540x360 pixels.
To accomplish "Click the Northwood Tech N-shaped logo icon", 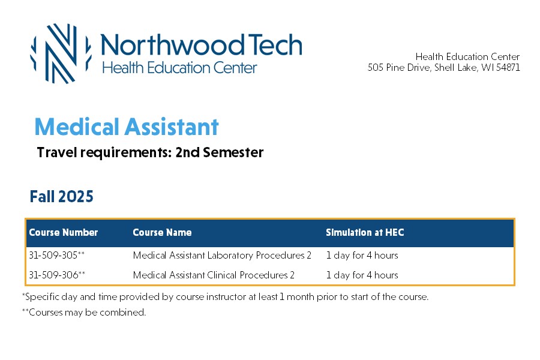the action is (61, 53).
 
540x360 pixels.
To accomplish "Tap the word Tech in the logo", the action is (275, 45).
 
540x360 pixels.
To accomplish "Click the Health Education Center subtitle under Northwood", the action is (179, 68).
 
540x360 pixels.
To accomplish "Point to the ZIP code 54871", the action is (508, 67).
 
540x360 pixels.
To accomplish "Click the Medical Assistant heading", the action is (127, 127).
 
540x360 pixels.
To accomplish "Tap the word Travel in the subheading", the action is (56, 152).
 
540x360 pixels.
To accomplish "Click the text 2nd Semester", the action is (220, 152).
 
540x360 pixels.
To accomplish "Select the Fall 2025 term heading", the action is (61, 196).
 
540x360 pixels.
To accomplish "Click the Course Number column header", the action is (64, 233).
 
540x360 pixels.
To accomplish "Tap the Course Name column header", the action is (162, 233).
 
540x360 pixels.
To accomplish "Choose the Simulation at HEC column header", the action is (365, 233).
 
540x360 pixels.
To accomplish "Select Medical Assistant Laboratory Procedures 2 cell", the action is (222, 255).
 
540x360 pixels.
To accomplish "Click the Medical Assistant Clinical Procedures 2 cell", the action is (214, 275).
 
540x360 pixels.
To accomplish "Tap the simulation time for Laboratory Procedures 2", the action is (362, 255).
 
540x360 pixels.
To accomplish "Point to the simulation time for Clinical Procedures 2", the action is (362, 275).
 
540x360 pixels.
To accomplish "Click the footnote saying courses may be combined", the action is (84, 313).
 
